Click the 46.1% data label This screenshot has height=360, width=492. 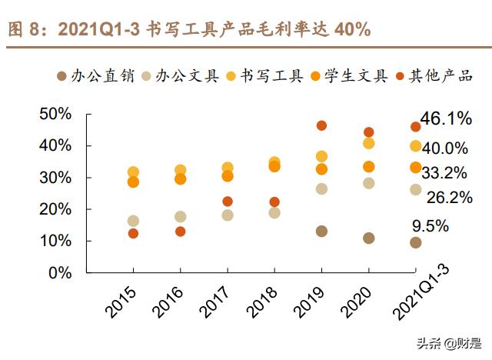click(x=446, y=118)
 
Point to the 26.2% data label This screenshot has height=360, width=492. click(x=449, y=198)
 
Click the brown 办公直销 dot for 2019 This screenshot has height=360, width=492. click(x=321, y=231)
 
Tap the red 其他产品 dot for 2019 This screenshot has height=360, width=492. click(x=321, y=125)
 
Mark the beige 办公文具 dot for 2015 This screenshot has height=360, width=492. click(x=133, y=221)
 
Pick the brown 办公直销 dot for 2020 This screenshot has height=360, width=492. click(x=369, y=238)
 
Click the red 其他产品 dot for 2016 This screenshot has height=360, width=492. click(x=180, y=232)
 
